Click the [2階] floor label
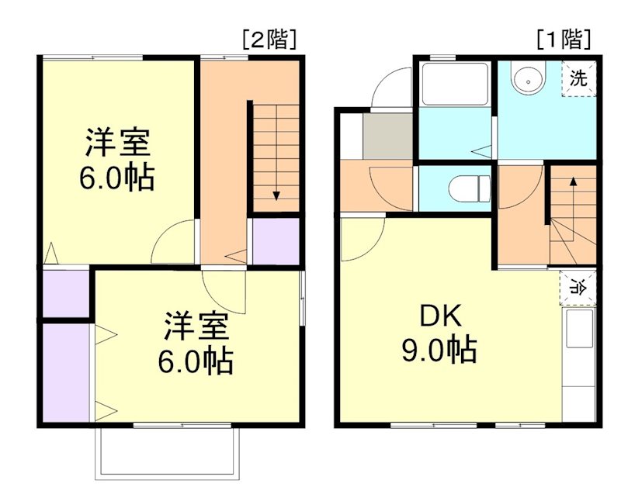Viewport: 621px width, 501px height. [x=269, y=40]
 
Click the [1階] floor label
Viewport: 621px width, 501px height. [x=564, y=39]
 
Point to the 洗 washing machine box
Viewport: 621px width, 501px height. [x=579, y=78]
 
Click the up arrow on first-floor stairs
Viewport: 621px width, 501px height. [x=573, y=182]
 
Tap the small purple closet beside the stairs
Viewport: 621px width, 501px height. [x=276, y=241]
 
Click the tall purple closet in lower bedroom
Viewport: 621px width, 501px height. [x=66, y=372]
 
